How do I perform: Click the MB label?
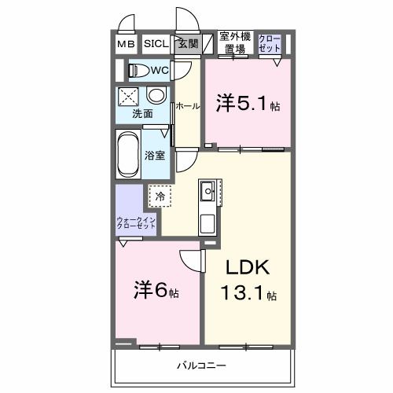(x=126, y=44)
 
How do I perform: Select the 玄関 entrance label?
(x=187, y=44)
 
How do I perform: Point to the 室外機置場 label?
(x=234, y=42)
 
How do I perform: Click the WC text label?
(x=160, y=70)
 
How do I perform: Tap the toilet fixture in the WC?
(x=140, y=70)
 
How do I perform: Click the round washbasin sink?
(x=156, y=96)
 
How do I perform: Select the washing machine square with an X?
(x=129, y=96)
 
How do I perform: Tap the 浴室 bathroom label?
(x=155, y=155)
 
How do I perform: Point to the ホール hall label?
(x=187, y=105)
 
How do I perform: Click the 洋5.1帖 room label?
(x=248, y=102)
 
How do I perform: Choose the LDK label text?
(x=248, y=268)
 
